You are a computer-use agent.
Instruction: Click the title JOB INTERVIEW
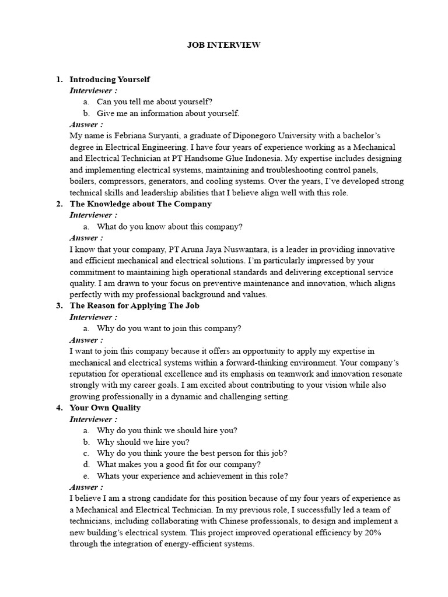point(223,45)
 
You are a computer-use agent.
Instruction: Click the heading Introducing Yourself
point(110,79)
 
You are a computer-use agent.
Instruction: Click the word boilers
point(82,181)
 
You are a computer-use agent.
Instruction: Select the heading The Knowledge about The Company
point(141,204)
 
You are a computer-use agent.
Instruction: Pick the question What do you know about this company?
point(169,227)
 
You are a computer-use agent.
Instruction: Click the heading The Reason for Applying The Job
point(135,305)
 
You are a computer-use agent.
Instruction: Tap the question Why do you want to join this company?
point(169,328)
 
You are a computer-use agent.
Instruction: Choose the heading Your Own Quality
point(105,408)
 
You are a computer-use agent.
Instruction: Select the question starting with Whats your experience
point(192,476)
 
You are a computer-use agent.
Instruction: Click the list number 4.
point(59,408)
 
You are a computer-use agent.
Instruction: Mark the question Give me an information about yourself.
point(168,113)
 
